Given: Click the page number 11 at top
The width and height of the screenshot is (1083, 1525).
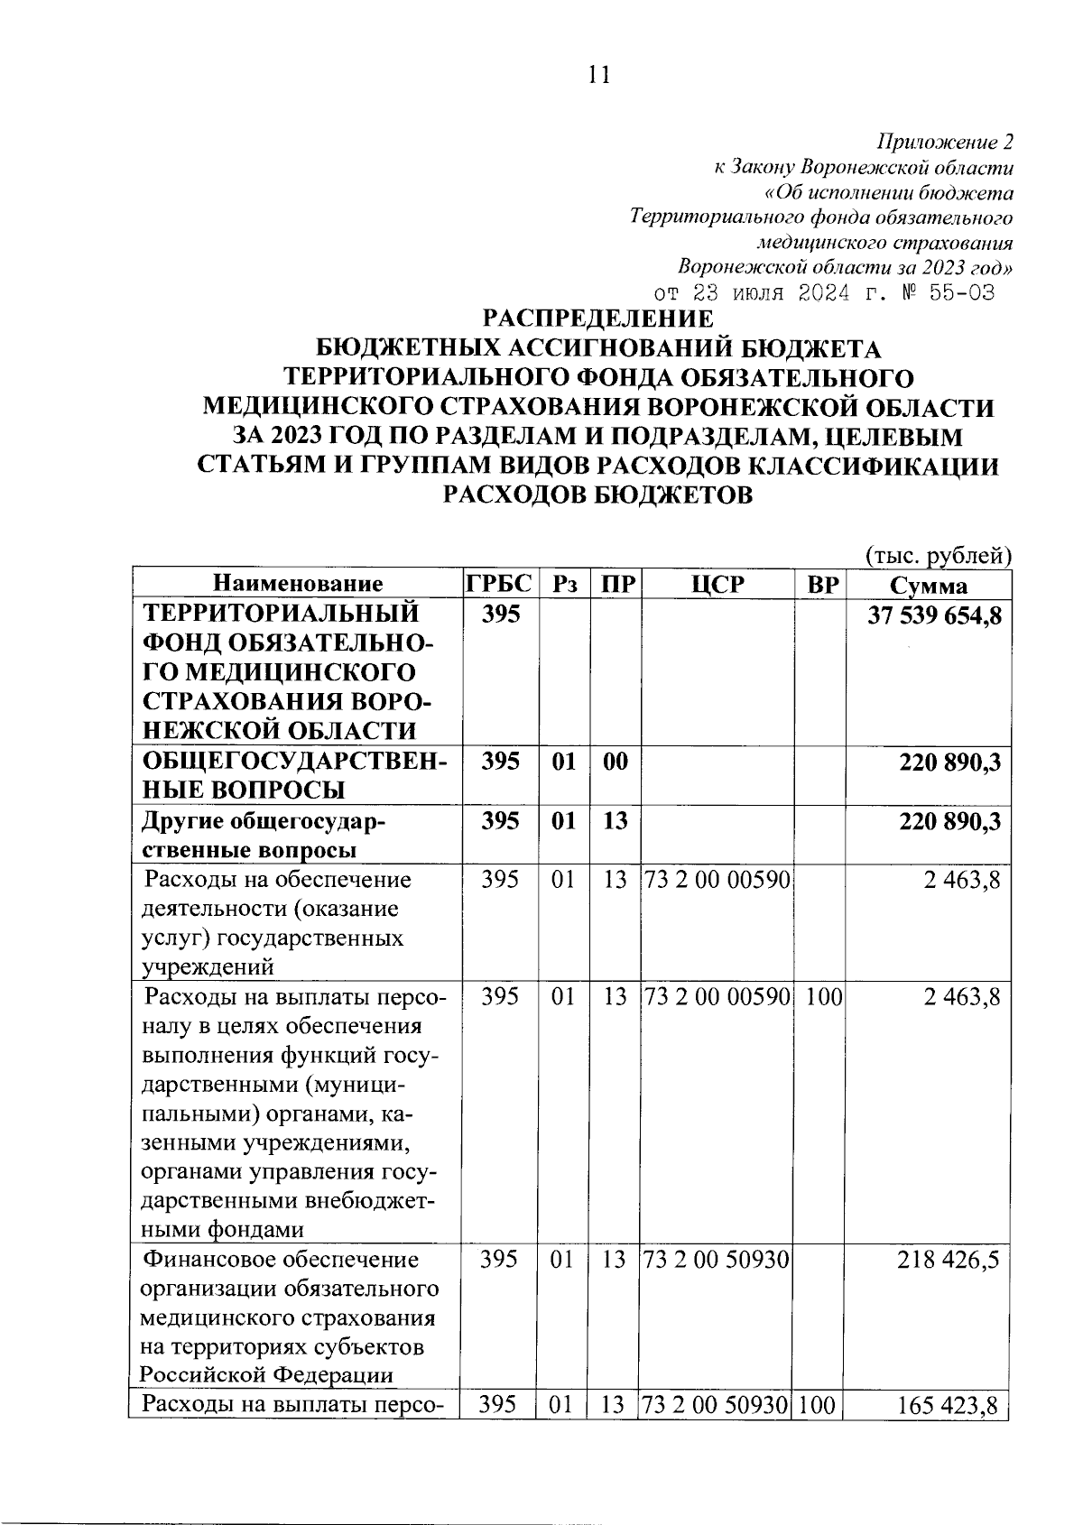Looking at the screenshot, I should pyautogui.click(x=598, y=76).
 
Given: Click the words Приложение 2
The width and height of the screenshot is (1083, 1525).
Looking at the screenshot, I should pyautogui.click(x=945, y=143).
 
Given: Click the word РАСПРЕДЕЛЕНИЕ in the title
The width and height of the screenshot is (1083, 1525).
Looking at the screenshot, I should pyautogui.click(x=598, y=319).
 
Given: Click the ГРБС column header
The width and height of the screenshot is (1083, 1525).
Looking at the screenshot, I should pyautogui.click(x=499, y=583).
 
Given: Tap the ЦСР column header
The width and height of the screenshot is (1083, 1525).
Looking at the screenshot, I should pyautogui.click(x=717, y=584).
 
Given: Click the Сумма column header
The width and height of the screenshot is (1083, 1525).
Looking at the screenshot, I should pyautogui.click(x=928, y=585).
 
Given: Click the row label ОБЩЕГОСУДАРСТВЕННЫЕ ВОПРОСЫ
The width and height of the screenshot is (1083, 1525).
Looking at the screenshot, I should pyautogui.click(x=295, y=776).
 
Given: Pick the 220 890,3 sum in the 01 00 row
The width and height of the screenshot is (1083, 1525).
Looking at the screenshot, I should pyautogui.click(x=949, y=762).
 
